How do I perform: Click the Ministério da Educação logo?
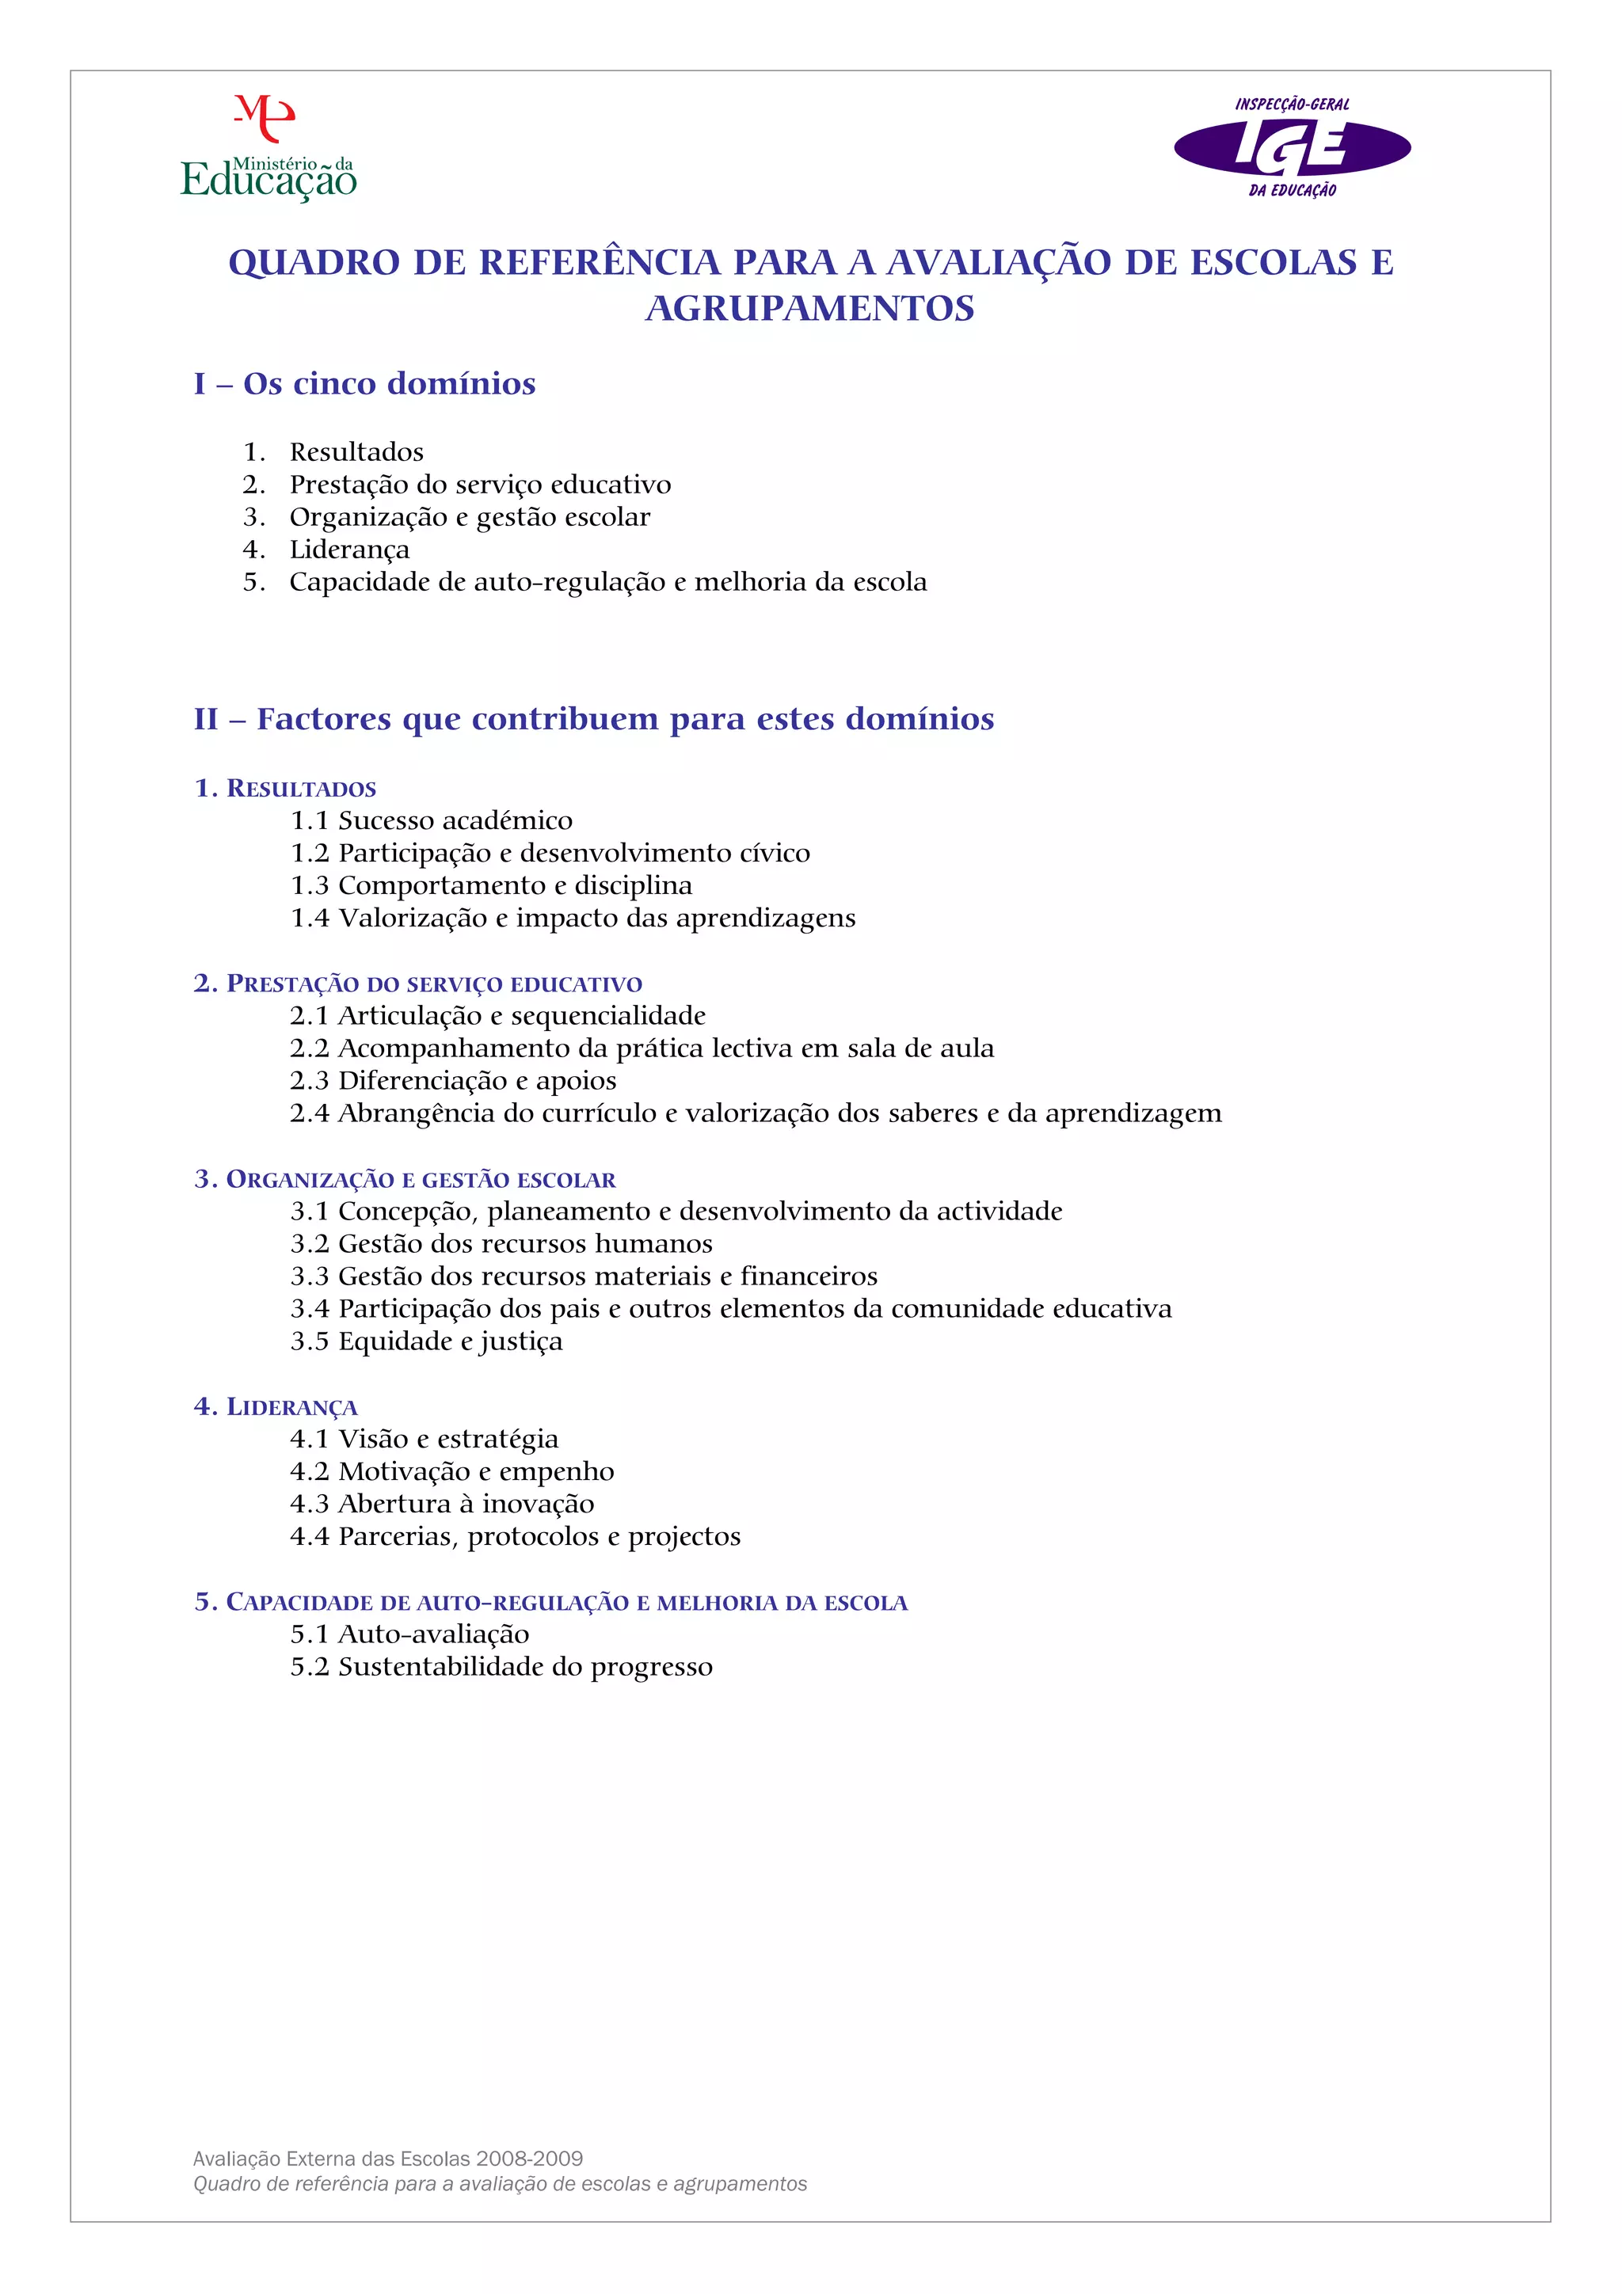click(x=268, y=150)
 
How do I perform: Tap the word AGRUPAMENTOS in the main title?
click(x=809, y=308)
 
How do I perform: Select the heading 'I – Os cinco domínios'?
click(x=365, y=384)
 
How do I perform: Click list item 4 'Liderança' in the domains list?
click(x=348, y=550)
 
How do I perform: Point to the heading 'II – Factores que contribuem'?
click(x=594, y=719)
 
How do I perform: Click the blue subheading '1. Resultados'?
click(x=285, y=789)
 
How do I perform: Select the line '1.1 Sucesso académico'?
click(x=431, y=820)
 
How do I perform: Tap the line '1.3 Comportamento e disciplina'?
click(x=491, y=885)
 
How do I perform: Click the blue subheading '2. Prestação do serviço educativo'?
click(x=417, y=984)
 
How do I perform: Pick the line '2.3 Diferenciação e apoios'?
click(x=453, y=1081)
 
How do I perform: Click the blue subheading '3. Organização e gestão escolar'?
click(x=405, y=1180)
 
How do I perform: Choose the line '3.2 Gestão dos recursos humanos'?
click(x=501, y=1244)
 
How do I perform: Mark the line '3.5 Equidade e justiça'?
click(x=426, y=1342)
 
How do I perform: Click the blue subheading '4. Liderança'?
click(x=276, y=1407)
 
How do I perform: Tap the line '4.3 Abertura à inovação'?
click(x=442, y=1504)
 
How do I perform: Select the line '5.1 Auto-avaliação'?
click(x=409, y=1634)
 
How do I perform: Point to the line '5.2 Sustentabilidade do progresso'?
click(x=501, y=1667)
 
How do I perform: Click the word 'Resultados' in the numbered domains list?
click(x=356, y=453)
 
